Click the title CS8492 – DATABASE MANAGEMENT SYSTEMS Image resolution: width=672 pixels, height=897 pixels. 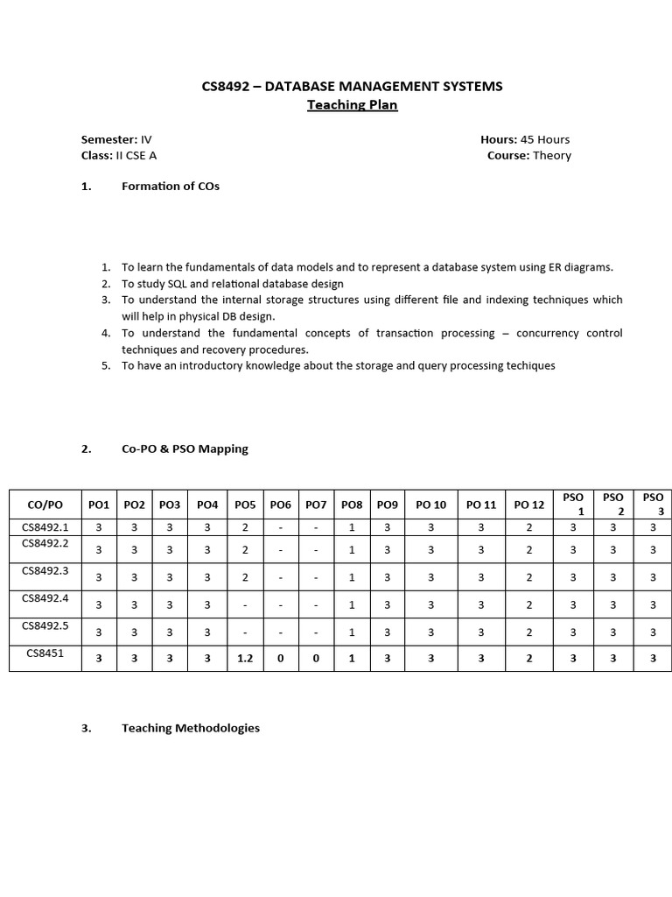click(x=352, y=86)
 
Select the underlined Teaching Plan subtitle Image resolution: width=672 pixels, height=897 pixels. click(x=352, y=105)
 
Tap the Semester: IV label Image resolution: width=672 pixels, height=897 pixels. click(x=116, y=139)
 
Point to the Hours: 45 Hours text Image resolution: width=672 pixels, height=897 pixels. click(x=525, y=139)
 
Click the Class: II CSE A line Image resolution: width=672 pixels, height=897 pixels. click(x=119, y=155)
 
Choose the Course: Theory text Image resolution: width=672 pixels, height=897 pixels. click(x=529, y=155)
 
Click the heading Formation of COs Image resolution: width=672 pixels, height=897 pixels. click(x=171, y=186)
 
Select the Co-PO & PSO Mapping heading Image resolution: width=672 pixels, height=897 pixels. click(x=185, y=448)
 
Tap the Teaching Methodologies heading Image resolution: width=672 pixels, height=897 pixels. click(x=191, y=728)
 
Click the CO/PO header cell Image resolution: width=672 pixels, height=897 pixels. click(x=45, y=505)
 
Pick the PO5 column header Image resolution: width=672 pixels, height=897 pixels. click(x=245, y=505)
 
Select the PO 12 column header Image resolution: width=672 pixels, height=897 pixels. click(x=528, y=505)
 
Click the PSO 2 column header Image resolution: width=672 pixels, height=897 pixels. click(x=613, y=504)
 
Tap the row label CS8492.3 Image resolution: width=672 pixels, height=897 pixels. click(x=45, y=570)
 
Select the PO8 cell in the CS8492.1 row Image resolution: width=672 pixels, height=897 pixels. click(x=352, y=527)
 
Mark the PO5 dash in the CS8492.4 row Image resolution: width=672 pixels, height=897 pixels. click(x=245, y=604)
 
